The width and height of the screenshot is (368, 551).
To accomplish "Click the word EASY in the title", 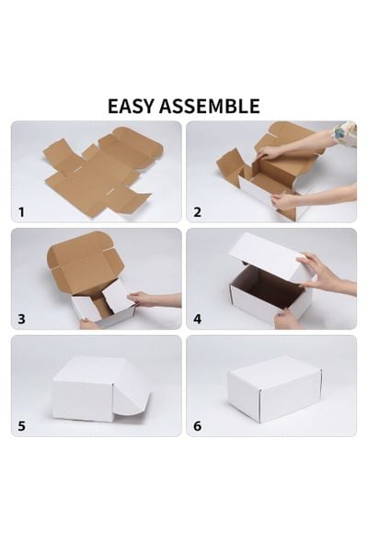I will (x=134, y=106).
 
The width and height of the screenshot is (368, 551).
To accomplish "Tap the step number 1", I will (x=21, y=211).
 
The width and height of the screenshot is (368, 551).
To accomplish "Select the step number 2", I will (x=197, y=211).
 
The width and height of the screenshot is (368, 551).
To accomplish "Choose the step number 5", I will (x=21, y=425).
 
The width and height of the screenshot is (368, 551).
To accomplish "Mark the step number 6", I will (x=197, y=425).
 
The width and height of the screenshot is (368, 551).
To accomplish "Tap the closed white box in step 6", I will (x=273, y=388).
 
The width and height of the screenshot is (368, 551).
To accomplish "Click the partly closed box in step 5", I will (x=92, y=390).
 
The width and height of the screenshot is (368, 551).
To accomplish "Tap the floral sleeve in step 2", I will (x=345, y=134).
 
